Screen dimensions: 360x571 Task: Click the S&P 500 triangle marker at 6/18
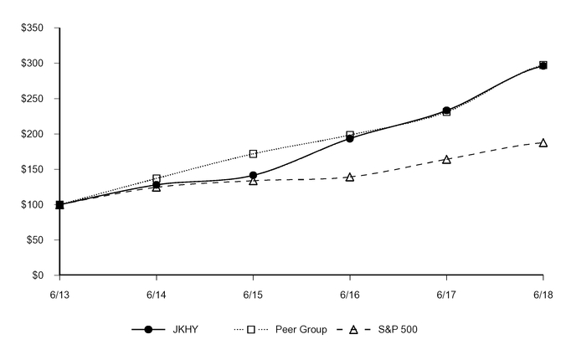pyautogui.click(x=543, y=142)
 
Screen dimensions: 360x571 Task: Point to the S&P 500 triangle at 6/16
pyautogui.click(x=350, y=177)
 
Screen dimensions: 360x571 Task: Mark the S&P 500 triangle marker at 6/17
pyautogui.click(x=446, y=159)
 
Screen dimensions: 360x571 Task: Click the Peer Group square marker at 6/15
pyautogui.click(x=253, y=154)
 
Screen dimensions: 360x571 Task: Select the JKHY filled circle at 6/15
pyautogui.click(x=253, y=176)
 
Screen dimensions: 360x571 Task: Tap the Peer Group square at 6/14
pyautogui.click(x=157, y=178)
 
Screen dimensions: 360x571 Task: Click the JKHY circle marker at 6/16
pyautogui.click(x=350, y=138)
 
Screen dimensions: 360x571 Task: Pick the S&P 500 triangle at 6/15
pyautogui.click(x=253, y=181)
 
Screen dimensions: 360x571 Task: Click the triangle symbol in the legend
pyautogui.click(x=353, y=330)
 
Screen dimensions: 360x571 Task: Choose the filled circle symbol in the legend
pyautogui.click(x=148, y=330)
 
